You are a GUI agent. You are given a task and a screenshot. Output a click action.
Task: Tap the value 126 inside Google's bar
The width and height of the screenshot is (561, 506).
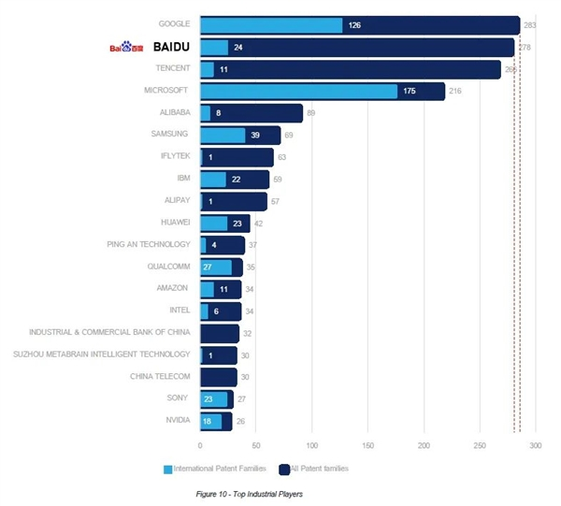tap(354, 25)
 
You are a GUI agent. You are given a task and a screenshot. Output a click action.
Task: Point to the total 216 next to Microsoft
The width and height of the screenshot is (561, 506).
tap(456, 91)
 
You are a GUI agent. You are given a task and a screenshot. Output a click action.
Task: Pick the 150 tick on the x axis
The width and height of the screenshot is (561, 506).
tap(367, 445)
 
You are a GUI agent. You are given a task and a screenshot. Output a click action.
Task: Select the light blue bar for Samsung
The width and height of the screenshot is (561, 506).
tap(223, 135)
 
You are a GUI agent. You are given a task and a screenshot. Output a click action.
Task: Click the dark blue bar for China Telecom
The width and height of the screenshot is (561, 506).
tap(219, 377)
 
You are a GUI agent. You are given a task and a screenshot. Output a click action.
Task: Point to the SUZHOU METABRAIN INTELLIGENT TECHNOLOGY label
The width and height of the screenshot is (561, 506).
tap(102, 354)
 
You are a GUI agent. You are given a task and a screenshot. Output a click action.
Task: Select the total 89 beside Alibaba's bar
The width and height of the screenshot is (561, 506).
tap(311, 113)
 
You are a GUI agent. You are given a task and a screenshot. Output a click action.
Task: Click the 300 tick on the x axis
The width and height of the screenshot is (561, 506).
tap(536, 445)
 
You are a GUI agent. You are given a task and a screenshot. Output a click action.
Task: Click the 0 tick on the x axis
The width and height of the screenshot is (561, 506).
tap(200, 445)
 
